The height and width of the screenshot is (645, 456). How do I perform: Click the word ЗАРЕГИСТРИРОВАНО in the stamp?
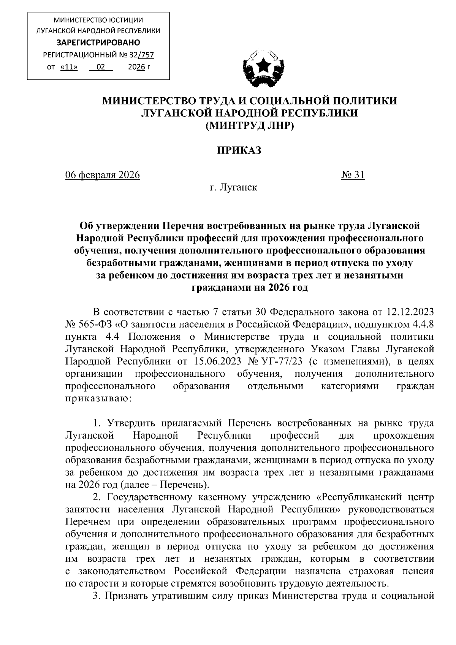(98, 42)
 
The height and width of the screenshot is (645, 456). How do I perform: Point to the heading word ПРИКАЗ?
(239, 151)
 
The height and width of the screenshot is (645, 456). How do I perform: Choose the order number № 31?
(353, 175)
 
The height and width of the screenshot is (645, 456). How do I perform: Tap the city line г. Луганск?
(233, 187)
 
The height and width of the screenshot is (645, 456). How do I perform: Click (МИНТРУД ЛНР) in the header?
(250, 125)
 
